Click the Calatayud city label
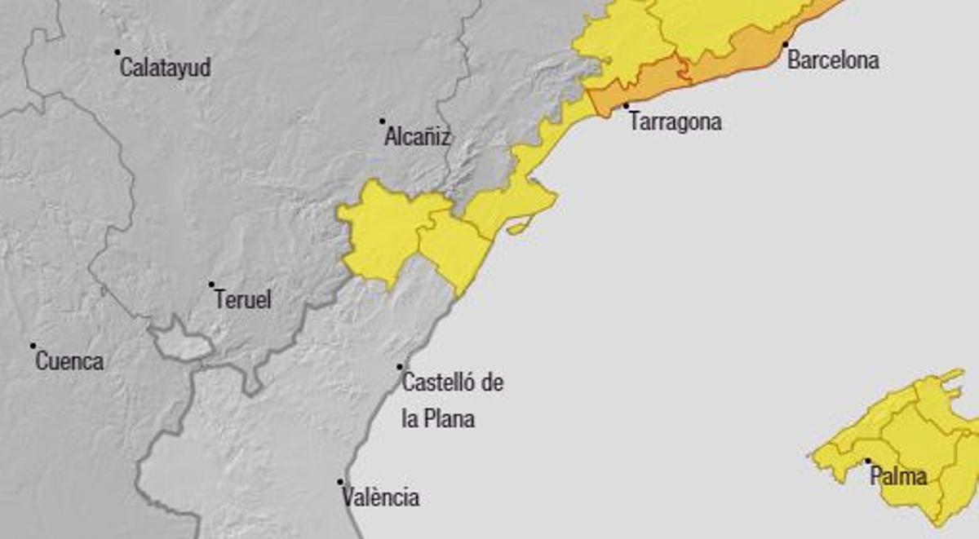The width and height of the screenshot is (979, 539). coord(165,67)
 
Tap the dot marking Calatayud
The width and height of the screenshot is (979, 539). coord(117,51)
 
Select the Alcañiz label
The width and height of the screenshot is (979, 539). coord(417,136)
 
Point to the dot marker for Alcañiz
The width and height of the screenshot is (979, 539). coord(382,121)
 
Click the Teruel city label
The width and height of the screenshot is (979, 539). coord(242,299)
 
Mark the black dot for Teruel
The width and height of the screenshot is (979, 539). coord(211,285)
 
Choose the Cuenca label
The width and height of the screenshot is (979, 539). coord(69,361)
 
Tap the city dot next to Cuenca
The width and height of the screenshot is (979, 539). coord(33,346)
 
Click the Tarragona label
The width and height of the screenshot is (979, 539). coord(676,122)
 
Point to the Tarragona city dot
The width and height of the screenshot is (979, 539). coord(627,106)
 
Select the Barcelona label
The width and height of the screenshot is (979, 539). coord(833,60)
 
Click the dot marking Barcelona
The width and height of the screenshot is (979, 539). coord(786,44)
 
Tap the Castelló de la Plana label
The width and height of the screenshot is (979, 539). coord(452,400)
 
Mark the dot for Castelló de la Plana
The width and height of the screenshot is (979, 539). coord(400,367)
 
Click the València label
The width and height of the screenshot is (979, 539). coord(381,497)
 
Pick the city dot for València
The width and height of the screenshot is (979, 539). coord(340,482)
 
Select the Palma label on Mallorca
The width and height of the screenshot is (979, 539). coord(898,476)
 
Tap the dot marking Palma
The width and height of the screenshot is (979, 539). coord(867,461)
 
